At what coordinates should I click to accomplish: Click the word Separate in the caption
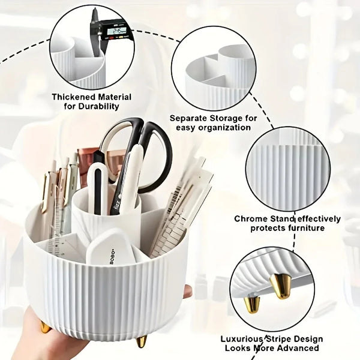pyautogui.click(x=189, y=118)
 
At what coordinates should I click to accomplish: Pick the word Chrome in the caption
pyautogui.click(x=252, y=218)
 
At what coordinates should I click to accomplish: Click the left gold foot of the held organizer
pyautogui.click(x=46, y=327)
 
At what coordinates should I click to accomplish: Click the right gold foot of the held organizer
pyautogui.click(x=141, y=341)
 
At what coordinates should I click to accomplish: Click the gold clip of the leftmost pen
pyautogui.click(x=45, y=192)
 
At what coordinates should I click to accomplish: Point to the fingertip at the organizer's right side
pyautogui.click(x=188, y=292)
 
